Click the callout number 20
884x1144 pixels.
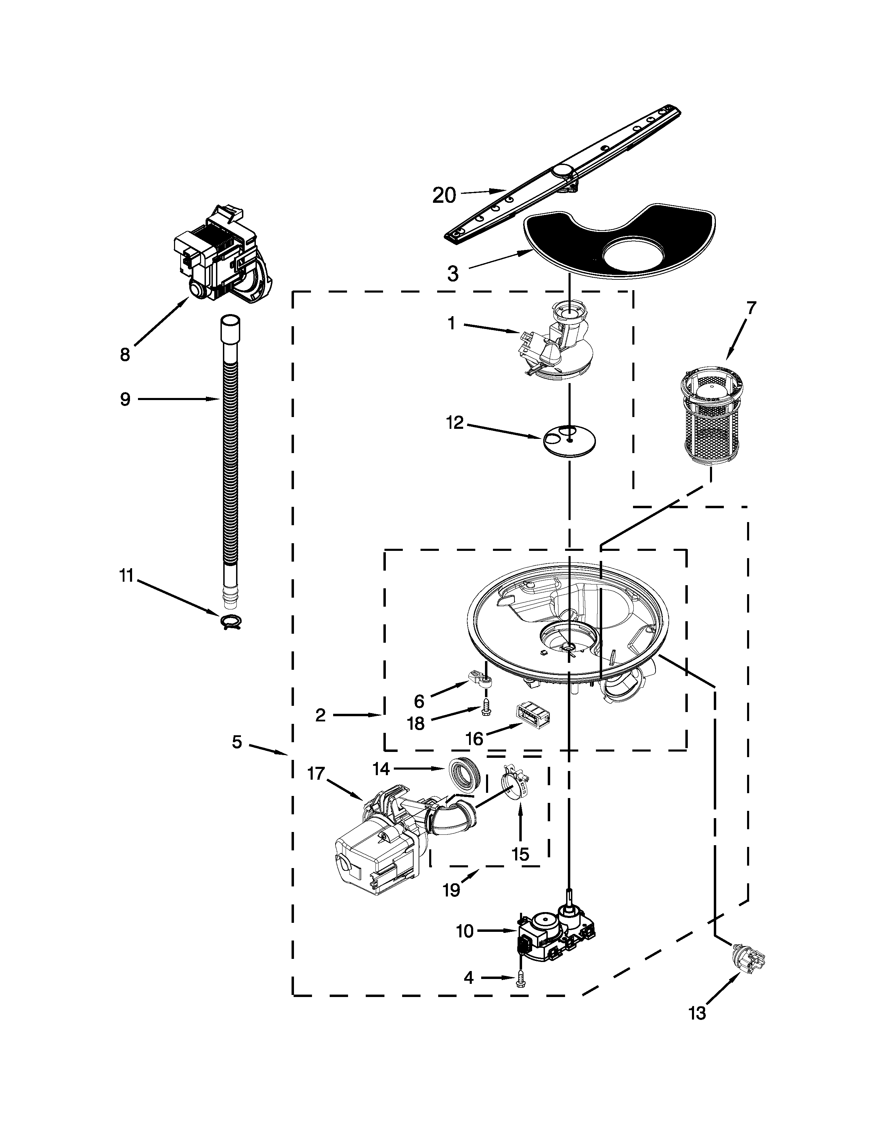[x=444, y=196]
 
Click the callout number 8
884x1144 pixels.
[x=125, y=355]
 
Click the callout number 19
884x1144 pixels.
[x=451, y=890]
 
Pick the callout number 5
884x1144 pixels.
[x=237, y=742]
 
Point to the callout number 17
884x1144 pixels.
[x=316, y=774]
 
